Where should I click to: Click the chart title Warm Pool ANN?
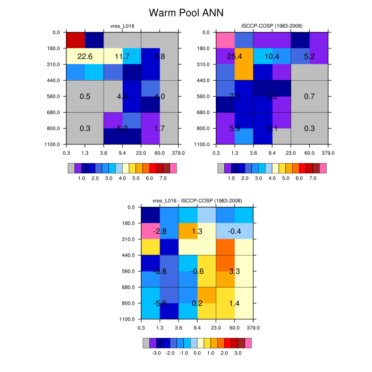coord(185,12)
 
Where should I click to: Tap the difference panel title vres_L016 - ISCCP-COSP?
coord(197,200)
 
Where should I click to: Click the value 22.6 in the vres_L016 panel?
coord(85,56)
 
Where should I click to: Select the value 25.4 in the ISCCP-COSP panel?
coord(234,56)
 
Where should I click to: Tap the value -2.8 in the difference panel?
coord(160,232)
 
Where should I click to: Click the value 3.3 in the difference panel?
coord(234,272)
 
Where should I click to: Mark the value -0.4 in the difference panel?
coord(234,232)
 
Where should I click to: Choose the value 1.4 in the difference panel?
coord(234,303)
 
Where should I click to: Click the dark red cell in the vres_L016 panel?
coord(75,40)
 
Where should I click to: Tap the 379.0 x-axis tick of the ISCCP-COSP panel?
coord(328,153)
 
